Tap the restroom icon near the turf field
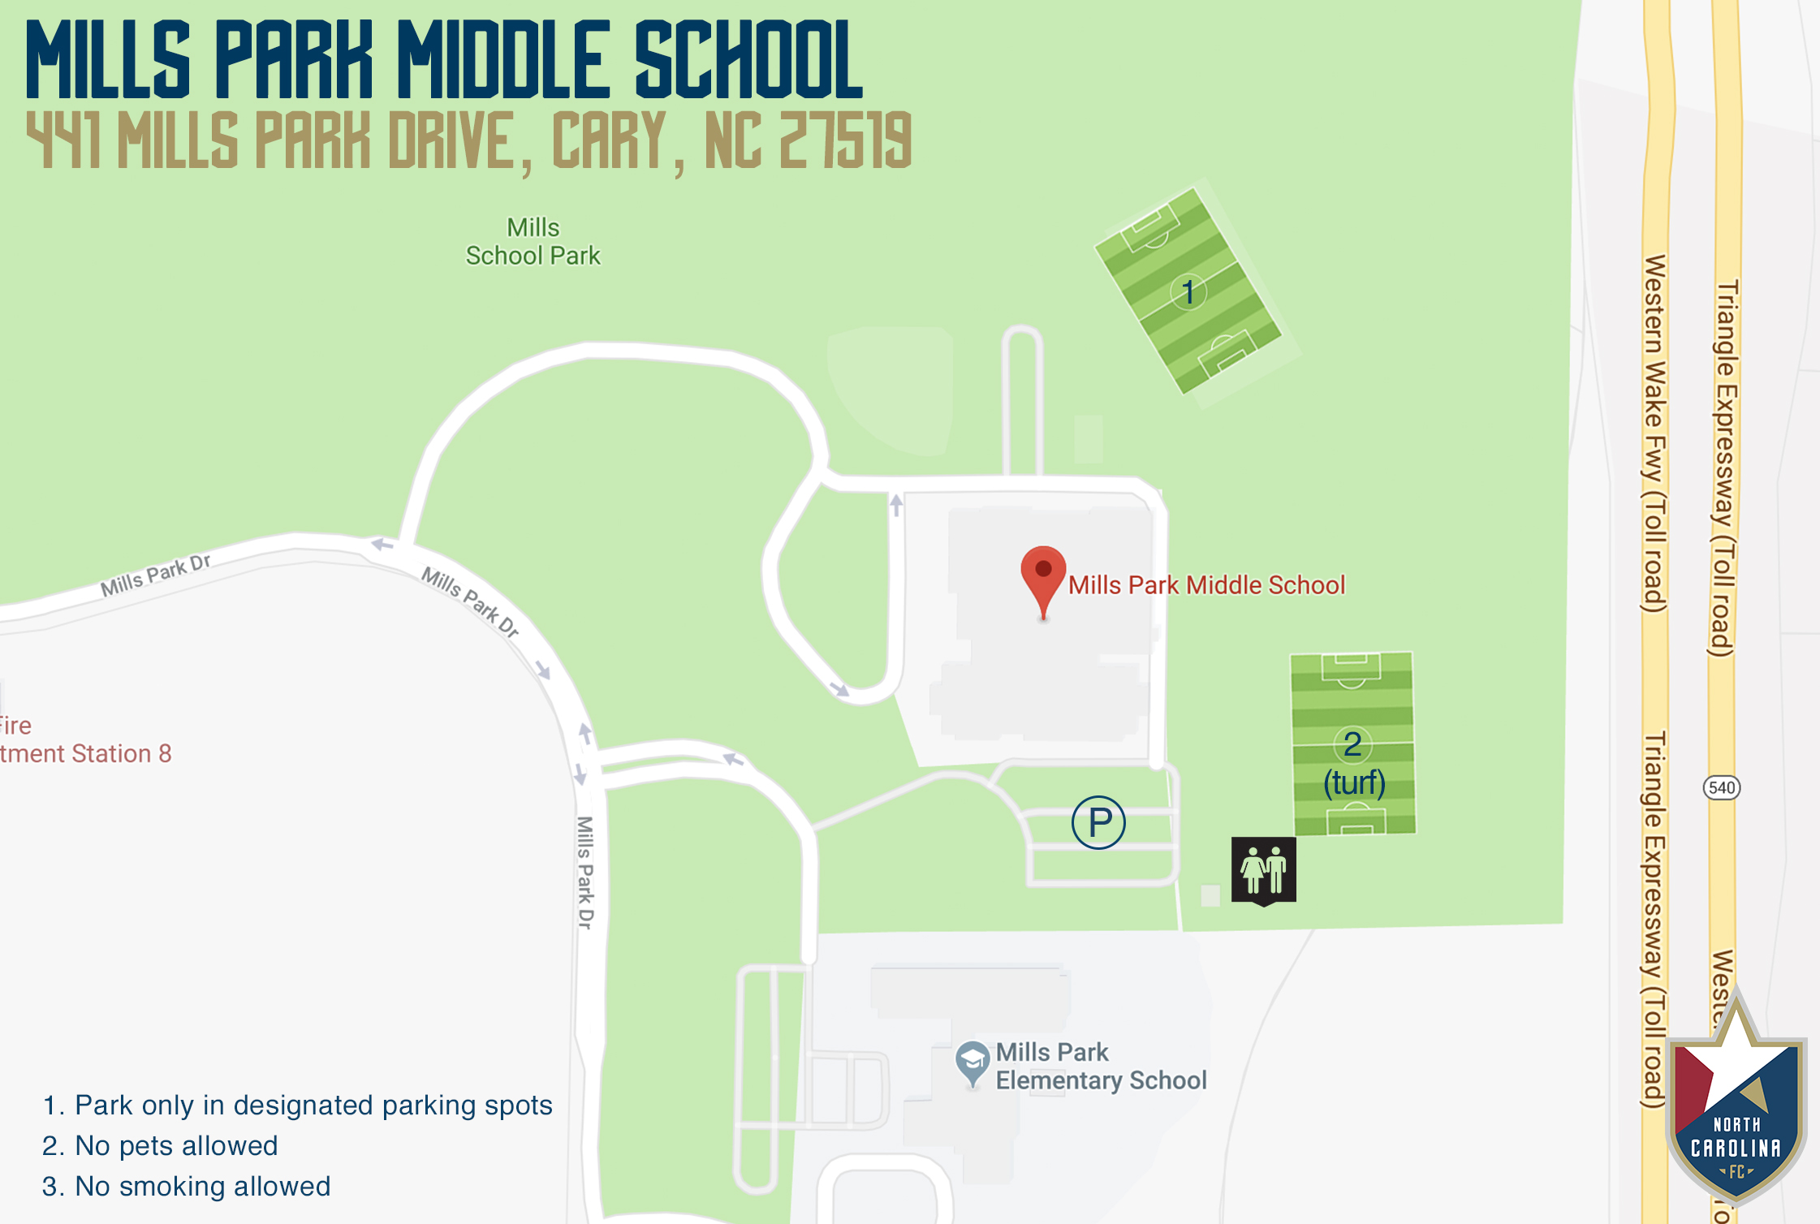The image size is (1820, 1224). [x=1263, y=870]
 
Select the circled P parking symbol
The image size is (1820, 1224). [x=1098, y=822]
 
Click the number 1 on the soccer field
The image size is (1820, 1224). [x=1188, y=292]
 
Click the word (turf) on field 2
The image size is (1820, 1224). [x=1354, y=782]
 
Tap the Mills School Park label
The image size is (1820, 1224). [x=533, y=242]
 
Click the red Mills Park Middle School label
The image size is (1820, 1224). [x=1206, y=585]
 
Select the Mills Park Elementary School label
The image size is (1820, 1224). [x=1100, y=1066]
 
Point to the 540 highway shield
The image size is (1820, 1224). [x=1721, y=787]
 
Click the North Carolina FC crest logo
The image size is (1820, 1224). [x=1736, y=1112]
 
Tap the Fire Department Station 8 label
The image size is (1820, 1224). [x=84, y=740]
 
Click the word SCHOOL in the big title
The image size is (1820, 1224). [x=748, y=61]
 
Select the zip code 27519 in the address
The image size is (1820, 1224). [x=845, y=141]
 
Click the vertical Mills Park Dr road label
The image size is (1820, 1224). [x=585, y=872]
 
